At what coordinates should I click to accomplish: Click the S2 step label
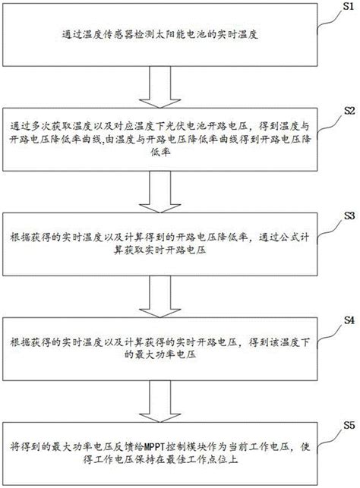pos(349,111)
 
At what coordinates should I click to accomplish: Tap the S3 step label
pos(349,215)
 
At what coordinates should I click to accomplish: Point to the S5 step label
pos(349,423)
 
